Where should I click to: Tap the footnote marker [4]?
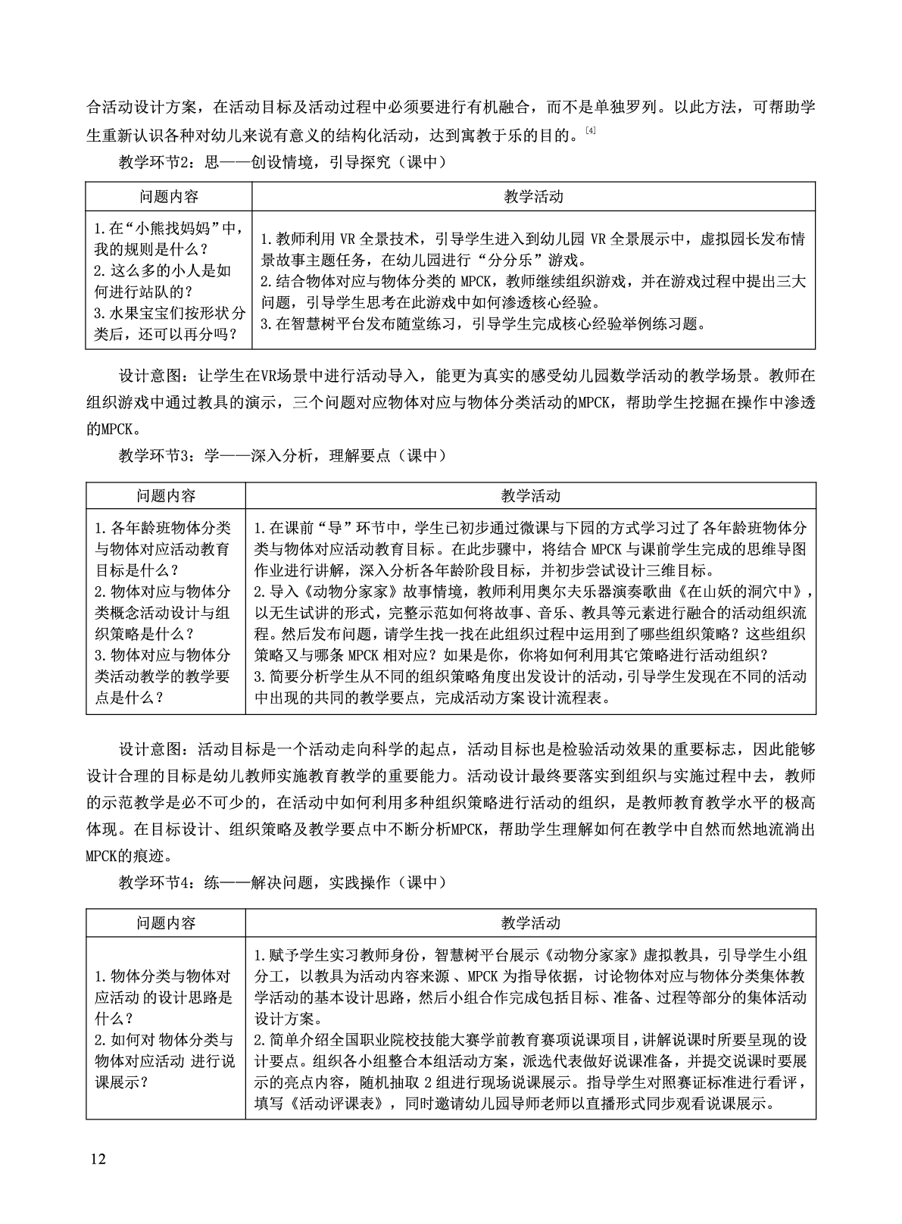click(x=591, y=132)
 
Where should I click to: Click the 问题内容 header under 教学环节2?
click(x=168, y=197)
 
